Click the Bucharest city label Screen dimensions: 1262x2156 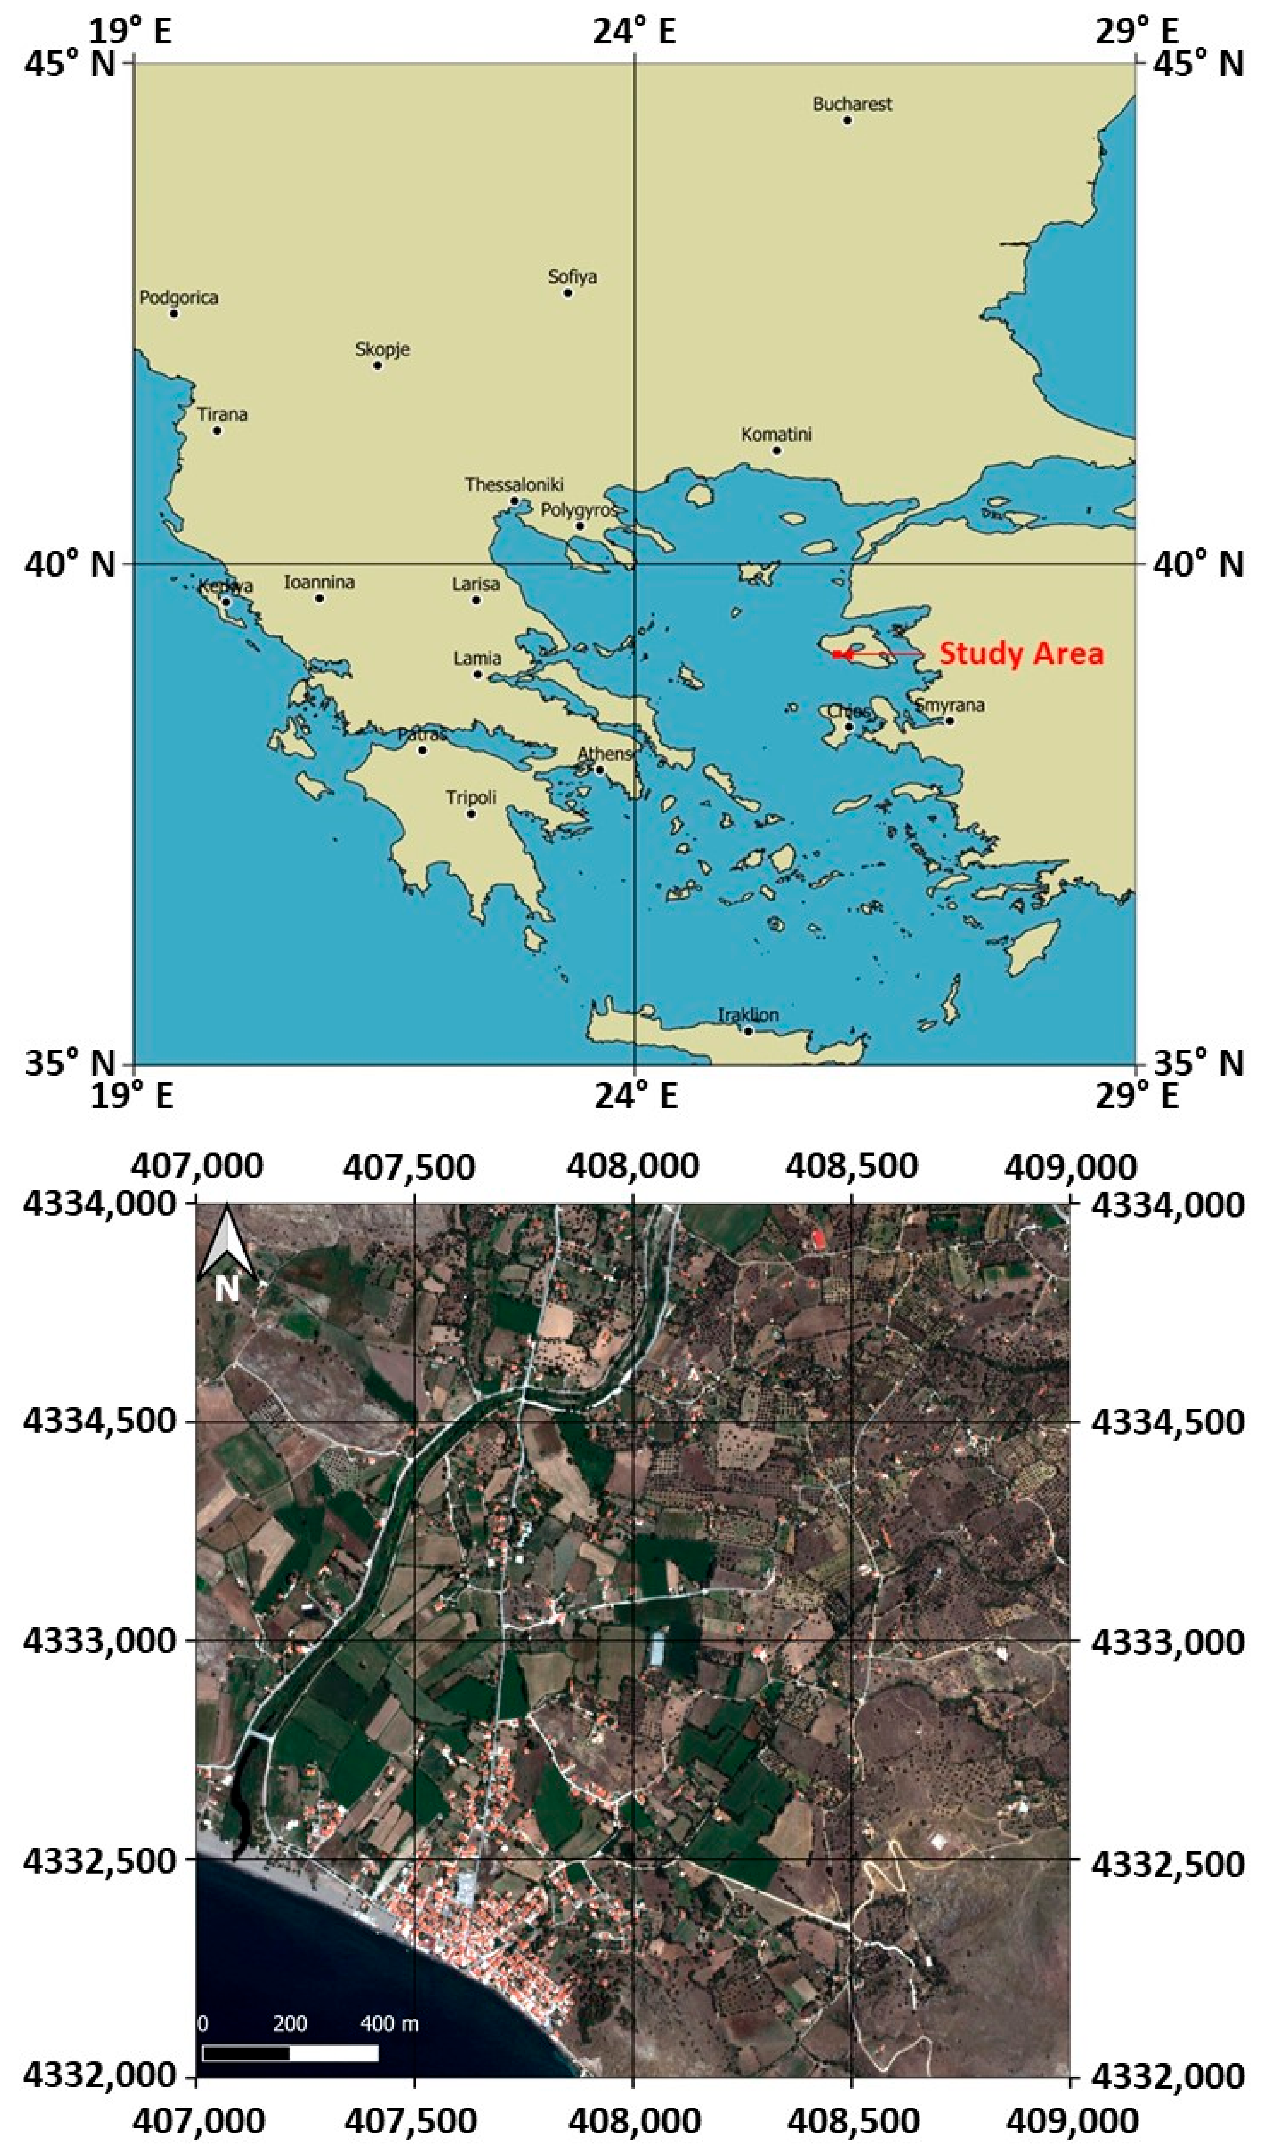852,105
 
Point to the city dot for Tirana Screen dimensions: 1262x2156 217,430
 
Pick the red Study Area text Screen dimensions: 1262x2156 1022,654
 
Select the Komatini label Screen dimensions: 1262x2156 776,434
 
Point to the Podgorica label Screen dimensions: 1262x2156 179,298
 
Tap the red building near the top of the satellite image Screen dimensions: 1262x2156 819,1237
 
